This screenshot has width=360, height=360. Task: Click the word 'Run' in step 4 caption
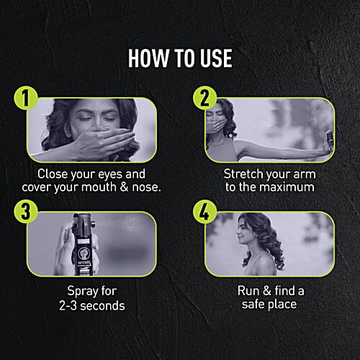pyautogui.click(x=248, y=292)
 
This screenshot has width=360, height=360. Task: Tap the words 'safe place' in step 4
pyautogui.click(x=269, y=305)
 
